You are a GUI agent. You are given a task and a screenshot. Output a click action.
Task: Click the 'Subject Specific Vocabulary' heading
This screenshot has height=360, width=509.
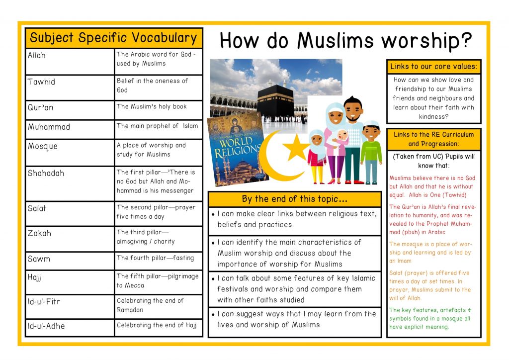114,38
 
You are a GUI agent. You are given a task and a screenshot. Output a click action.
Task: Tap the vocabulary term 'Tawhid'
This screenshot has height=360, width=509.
41,82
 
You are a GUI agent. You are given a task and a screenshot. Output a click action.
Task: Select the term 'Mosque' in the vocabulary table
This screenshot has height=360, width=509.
43,146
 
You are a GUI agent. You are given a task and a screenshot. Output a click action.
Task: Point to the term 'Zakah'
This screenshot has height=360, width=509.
39,233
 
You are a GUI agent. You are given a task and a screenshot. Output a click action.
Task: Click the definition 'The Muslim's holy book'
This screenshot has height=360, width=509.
152,106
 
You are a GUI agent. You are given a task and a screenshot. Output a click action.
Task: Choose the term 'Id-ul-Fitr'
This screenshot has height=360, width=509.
44,301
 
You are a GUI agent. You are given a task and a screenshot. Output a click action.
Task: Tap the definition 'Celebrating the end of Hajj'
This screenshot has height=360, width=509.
157,326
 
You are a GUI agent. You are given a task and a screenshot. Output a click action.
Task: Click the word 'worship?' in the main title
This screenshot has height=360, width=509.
428,41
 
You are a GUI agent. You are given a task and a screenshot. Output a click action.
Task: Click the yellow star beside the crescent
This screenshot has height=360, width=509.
296,146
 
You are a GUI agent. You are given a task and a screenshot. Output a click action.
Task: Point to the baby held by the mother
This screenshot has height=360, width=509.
342,137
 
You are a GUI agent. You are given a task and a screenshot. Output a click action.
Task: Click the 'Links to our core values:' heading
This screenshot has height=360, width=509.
433,67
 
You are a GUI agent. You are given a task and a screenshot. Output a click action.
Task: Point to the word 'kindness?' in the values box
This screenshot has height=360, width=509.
433,116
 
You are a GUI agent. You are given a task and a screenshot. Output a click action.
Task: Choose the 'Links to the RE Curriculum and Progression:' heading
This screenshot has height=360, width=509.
433,139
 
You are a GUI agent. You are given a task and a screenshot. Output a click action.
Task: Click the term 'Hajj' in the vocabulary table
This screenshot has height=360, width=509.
34,277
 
